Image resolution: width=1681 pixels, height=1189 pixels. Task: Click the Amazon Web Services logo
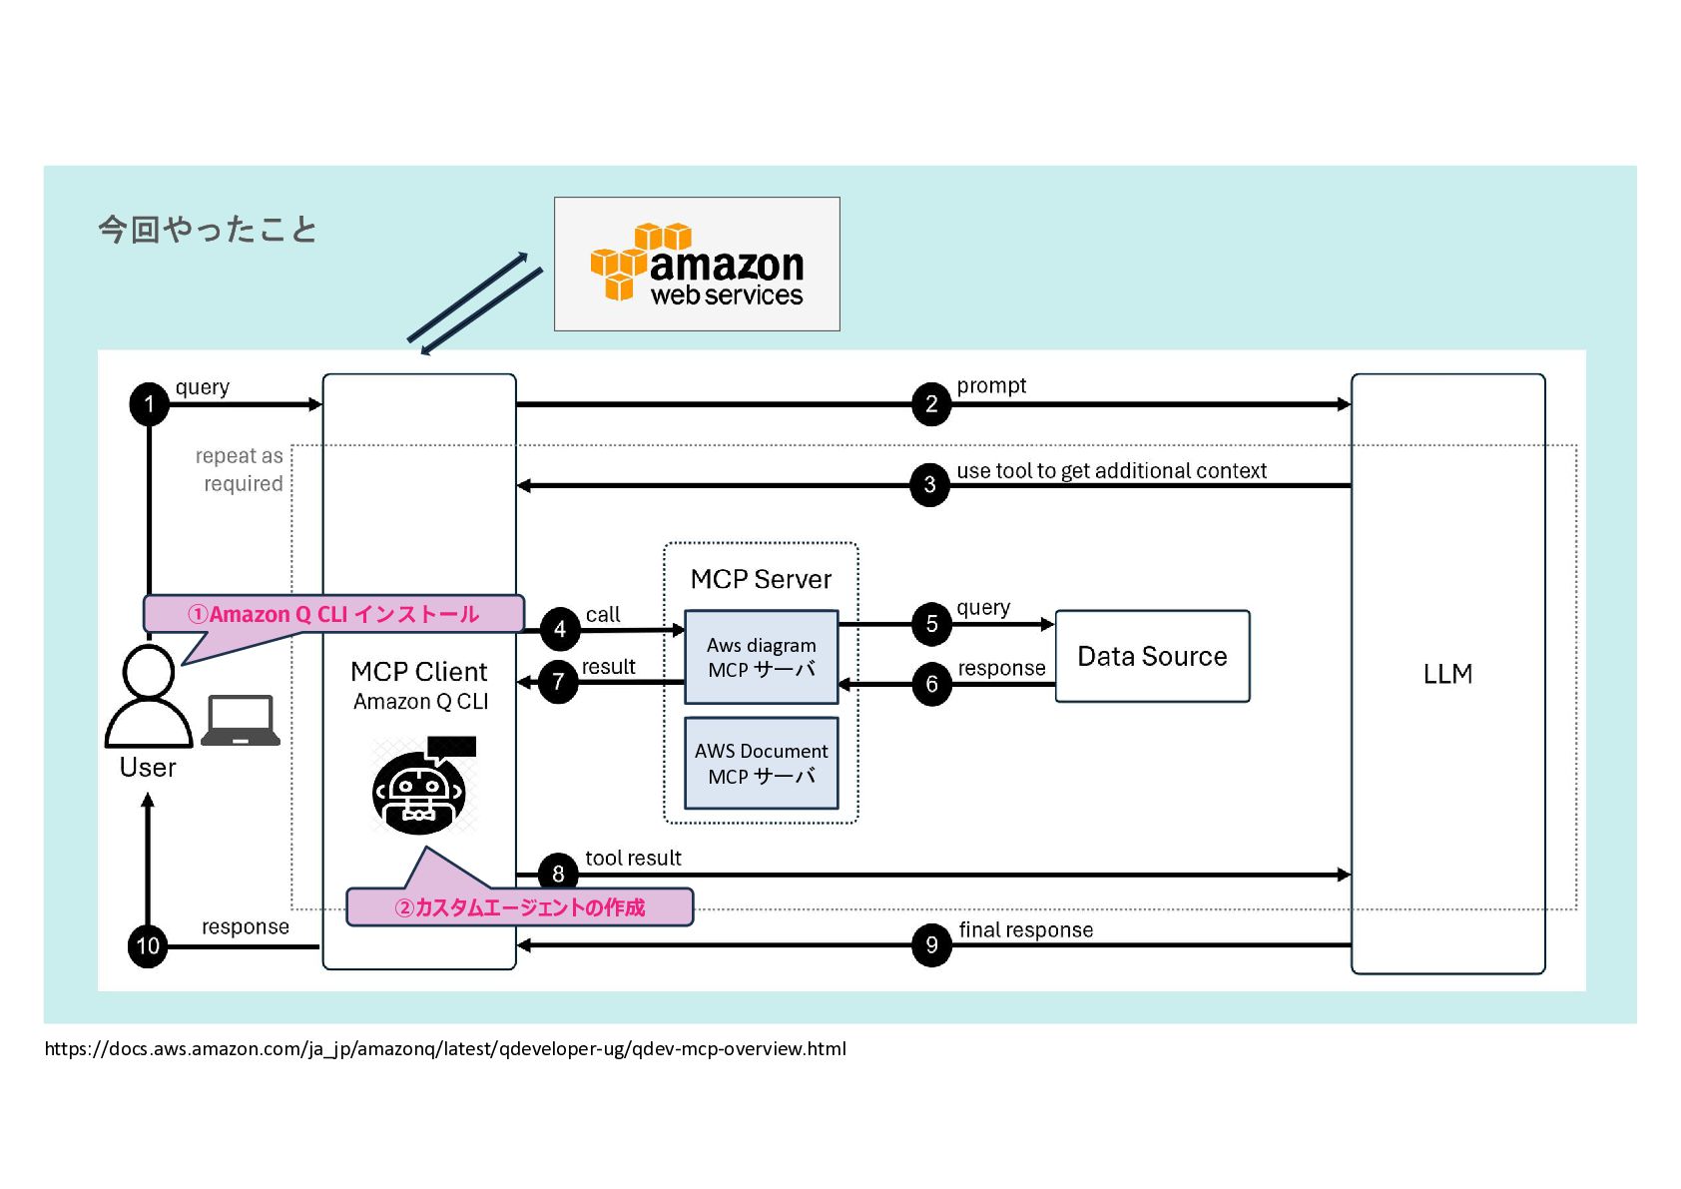click(697, 264)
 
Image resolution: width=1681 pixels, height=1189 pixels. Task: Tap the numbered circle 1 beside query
click(150, 404)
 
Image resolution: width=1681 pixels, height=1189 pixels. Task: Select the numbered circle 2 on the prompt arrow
click(931, 404)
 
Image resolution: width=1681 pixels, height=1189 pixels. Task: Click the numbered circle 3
click(929, 485)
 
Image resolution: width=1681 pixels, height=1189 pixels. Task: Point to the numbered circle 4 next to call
click(559, 629)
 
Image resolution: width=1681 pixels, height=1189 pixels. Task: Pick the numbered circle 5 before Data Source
click(931, 624)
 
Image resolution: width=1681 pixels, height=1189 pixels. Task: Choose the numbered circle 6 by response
click(931, 684)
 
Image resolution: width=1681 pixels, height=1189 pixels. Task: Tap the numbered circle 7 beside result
click(558, 683)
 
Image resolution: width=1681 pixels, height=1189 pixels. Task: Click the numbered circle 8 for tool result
click(558, 874)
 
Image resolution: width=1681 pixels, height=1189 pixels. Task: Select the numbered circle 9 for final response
click(931, 944)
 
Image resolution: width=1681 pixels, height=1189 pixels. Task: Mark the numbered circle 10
click(148, 945)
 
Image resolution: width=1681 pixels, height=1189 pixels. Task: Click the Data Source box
click(1152, 656)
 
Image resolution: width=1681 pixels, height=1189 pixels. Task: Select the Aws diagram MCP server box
click(761, 657)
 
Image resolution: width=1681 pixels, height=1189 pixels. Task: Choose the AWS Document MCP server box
click(761, 763)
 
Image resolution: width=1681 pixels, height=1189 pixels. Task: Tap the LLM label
click(1447, 674)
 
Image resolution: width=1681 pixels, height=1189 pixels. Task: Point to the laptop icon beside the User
click(241, 721)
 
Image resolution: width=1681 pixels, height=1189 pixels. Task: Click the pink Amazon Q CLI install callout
click(333, 614)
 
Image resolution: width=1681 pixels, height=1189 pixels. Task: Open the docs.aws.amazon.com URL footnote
click(445, 1048)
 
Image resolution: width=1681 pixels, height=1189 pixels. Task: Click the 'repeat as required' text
click(241, 469)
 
